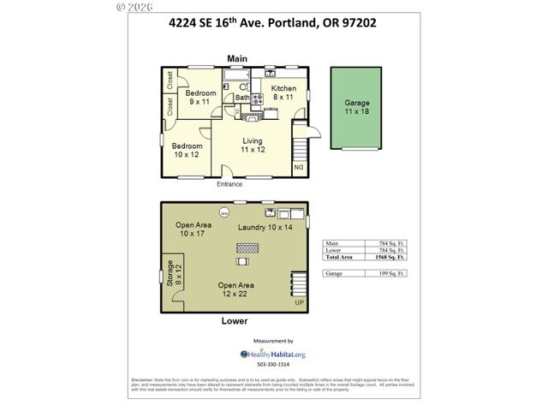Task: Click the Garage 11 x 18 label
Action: pyautogui.click(x=357, y=107)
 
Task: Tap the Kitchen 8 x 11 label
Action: pyautogui.click(x=283, y=93)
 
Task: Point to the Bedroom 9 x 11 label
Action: pyautogui.click(x=200, y=97)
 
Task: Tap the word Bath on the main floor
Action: pyautogui.click(x=242, y=98)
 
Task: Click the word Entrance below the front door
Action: pyautogui.click(x=229, y=184)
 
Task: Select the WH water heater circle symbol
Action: pyautogui.click(x=223, y=212)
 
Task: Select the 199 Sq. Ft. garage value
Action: pyautogui.click(x=390, y=273)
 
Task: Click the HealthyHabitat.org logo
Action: pyautogui.click(x=273, y=354)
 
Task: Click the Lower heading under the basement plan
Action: pyautogui.click(x=235, y=321)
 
